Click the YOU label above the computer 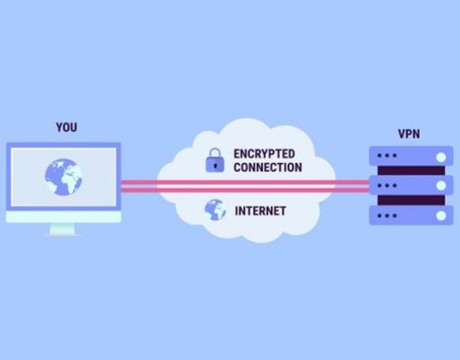[67, 127]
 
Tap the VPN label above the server [409, 134]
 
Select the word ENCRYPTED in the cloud [264, 154]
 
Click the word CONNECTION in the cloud [267, 167]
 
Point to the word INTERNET [260, 211]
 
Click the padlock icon [215, 160]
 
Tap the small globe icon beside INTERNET [215, 210]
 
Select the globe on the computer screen [64, 177]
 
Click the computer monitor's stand [62, 229]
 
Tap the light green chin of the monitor [64, 217]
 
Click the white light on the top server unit [441, 157]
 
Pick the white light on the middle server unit [441, 185]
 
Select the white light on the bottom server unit [441, 216]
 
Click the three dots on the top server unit [387, 156]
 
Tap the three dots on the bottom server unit [387, 215]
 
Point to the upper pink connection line [245, 182]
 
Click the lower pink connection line [245, 190]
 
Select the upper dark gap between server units [411, 170]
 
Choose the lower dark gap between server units [411, 200]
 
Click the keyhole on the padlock [215, 166]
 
